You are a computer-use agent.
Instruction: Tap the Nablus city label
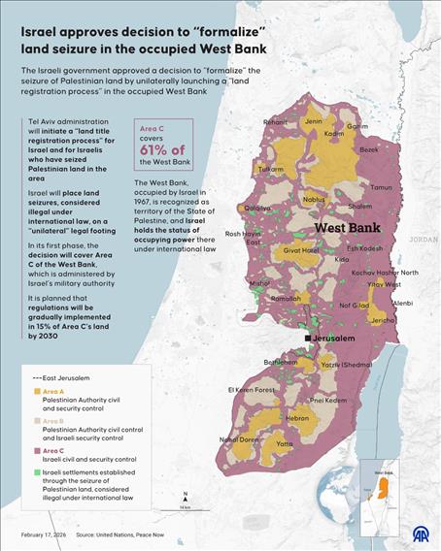[x=313, y=200]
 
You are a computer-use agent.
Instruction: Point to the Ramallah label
[x=285, y=299]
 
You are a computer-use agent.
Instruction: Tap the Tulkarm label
[x=269, y=169]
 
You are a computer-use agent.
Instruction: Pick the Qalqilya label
[x=257, y=208]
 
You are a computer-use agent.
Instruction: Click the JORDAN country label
[x=424, y=238]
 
